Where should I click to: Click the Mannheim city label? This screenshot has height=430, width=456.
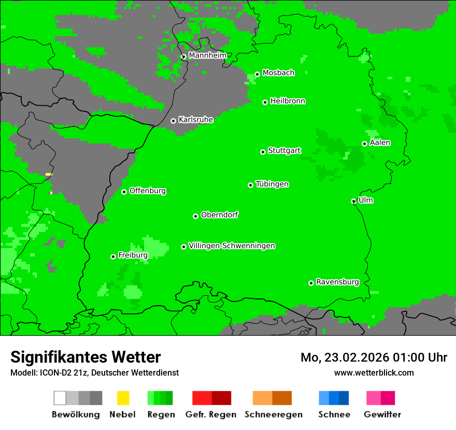click(207, 55)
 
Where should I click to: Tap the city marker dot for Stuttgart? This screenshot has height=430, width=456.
click(263, 152)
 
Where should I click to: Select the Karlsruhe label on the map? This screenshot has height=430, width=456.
click(195, 120)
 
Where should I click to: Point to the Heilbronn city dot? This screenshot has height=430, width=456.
click(265, 102)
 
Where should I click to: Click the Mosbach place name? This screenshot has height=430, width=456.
click(278, 73)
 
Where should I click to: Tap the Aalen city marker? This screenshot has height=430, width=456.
click(364, 144)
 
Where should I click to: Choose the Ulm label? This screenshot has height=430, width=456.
click(366, 200)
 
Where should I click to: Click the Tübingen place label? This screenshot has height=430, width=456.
click(272, 184)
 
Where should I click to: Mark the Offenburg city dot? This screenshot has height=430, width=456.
click(124, 192)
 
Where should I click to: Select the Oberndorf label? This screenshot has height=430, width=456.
click(219, 214)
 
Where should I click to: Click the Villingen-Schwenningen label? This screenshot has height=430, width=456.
click(232, 246)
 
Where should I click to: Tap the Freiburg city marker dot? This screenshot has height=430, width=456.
click(113, 256)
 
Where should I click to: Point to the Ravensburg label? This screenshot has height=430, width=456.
click(337, 282)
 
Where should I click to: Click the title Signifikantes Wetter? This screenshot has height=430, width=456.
click(85, 357)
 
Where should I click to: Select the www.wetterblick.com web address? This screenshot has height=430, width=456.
click(374, 372)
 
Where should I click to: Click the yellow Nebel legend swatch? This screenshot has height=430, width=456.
click(123, 398)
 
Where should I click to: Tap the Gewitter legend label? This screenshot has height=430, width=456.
click(382, 414)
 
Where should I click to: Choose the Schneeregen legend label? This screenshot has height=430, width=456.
click(273, 414)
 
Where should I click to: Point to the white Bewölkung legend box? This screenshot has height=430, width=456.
click(60, 398)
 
